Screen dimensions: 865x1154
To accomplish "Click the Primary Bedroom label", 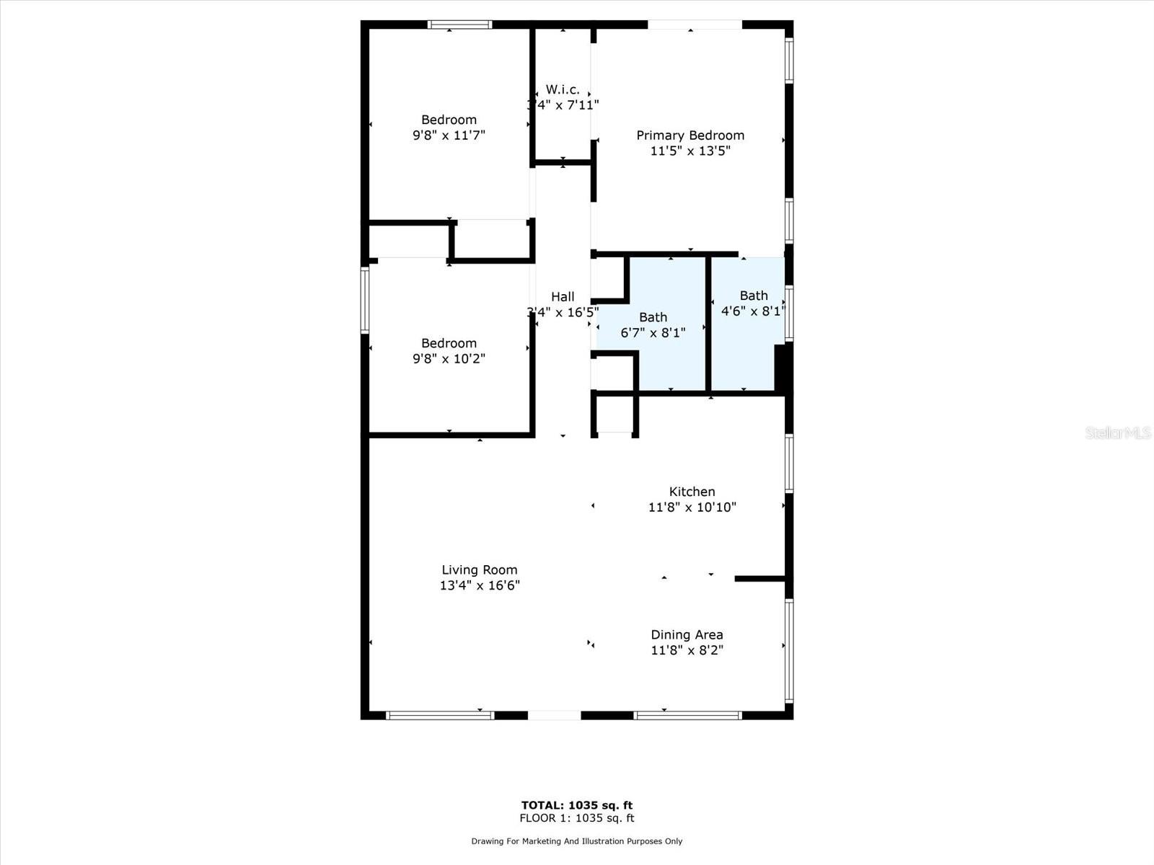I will tap(690, 136).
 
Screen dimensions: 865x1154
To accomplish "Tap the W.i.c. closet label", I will tap(563, 89).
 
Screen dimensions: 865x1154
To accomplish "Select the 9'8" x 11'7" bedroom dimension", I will tap(449, 136).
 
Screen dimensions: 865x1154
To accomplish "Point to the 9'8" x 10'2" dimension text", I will tap(449, 359).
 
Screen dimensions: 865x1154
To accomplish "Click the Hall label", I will tap(563, 296).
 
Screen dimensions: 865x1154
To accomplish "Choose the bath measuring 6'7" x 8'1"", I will tap(653, 324).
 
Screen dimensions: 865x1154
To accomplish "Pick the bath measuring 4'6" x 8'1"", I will tap(753, 303).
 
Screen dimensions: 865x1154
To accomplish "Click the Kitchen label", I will tap(692, 492).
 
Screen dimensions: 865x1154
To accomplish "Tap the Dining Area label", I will tap(687, 635).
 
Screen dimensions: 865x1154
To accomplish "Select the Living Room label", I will tap(480, 570).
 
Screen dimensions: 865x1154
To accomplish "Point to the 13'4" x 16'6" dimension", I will tap(480, 586).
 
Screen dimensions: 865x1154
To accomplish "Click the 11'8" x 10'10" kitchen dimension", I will tap(692, 507).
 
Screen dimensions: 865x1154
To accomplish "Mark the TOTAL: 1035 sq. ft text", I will tap(577, 805).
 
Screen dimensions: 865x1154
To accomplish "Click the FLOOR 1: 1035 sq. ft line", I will tap(577, 818).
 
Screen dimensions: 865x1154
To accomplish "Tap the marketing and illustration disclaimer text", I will tap(577, 841).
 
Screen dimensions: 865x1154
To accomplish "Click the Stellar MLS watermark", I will tap(1118, 432).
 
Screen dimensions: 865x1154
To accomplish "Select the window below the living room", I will tap(440, 715).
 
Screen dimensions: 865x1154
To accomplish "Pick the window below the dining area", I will tap(687, 715).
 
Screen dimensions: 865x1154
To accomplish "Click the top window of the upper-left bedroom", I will tap(459, 25).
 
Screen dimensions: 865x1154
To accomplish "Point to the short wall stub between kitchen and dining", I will tap(759, 578).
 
